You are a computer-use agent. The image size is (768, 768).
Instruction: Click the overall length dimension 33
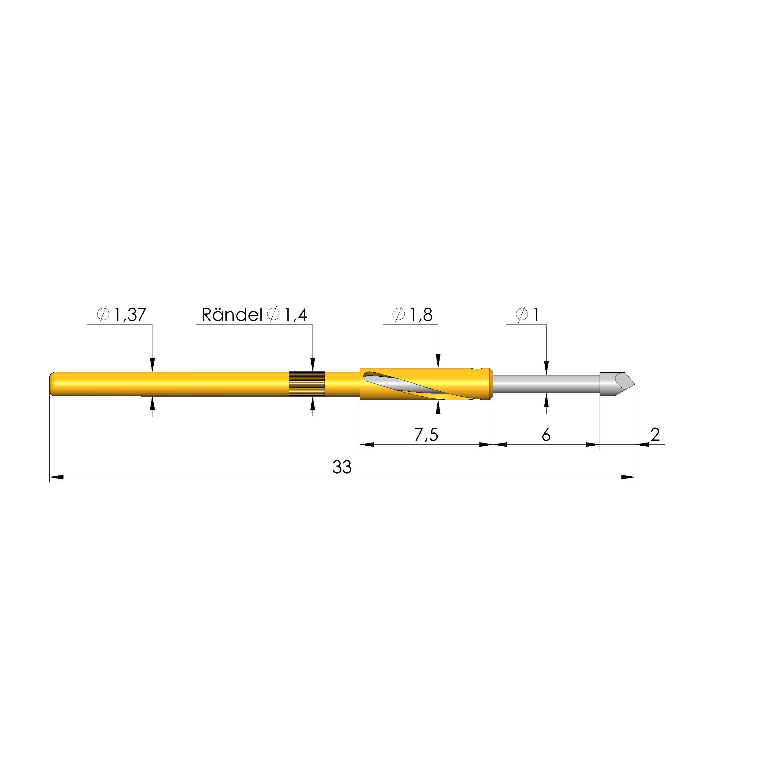[342, 467]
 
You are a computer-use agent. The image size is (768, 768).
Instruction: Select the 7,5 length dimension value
[426, 435]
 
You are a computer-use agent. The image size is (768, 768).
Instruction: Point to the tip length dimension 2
[655, 435]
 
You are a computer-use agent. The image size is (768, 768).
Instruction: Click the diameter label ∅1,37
[122, 314]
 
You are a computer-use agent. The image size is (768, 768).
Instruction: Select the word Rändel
[232, 315]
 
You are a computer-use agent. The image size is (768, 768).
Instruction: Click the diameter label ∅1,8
[412, 314]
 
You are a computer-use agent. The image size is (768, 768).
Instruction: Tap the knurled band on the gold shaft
[306, 384]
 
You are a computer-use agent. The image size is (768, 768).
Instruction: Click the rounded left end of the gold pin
[52, 384]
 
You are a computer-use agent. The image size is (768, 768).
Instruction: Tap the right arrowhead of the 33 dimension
[628, 477]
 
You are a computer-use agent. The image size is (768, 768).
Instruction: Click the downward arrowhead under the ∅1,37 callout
[152, 365]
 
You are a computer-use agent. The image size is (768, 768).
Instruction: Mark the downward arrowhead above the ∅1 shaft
[546, 368]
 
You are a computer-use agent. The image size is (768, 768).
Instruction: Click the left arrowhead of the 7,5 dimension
[367, 444]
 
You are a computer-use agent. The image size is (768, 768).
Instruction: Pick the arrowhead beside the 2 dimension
[642, 444]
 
